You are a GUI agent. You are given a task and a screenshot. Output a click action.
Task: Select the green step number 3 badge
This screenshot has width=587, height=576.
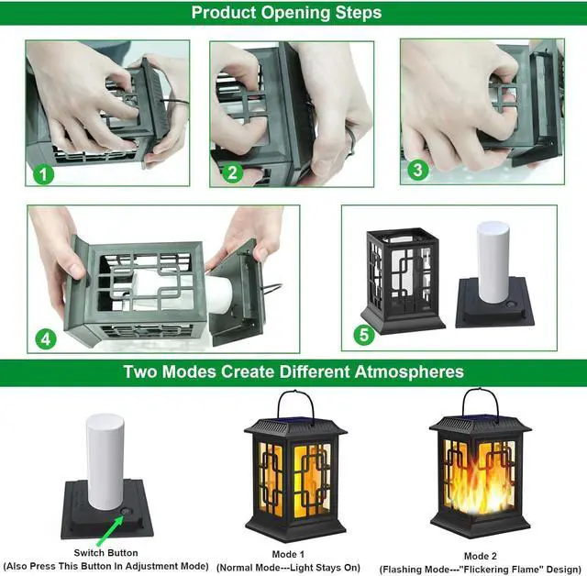418,170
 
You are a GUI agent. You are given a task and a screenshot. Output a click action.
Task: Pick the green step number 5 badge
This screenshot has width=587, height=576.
365,335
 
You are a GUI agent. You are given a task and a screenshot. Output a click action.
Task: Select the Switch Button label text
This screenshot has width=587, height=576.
105,552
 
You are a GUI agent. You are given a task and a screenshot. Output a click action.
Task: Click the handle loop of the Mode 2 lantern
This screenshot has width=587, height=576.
480,400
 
